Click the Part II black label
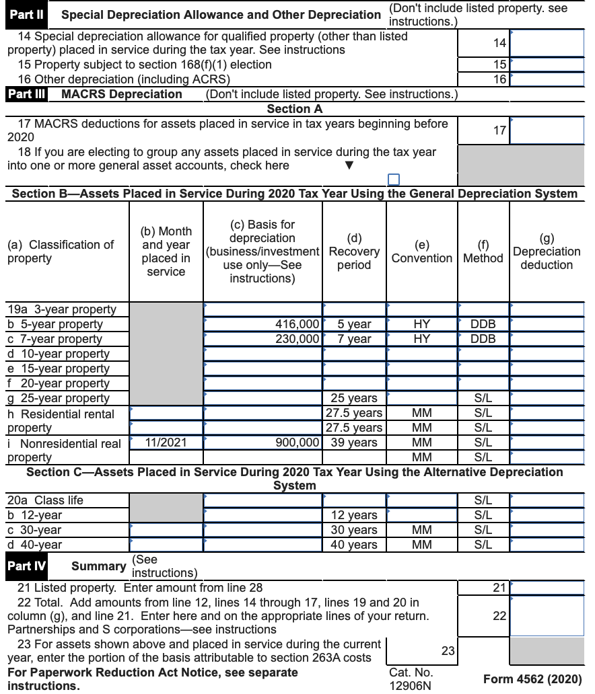tap(27, 14)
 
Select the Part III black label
tap(26, 94)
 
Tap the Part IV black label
tap(26, 566)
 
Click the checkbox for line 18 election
tap(394, 179)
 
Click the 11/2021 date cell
tap(166, 442)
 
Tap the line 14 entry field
tap(547, 43)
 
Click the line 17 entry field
tap(547, 130)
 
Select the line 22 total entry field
tap(547, 616)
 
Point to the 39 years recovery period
tap(353, 442)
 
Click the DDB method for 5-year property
tap(483, 324)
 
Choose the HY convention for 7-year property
tap(421, 339)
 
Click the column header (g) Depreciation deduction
tap(547, 252)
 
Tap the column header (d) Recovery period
tap(354, 252)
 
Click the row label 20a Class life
tap(46, 500)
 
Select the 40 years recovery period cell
tap(354, 545)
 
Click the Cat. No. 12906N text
tap(411, 679)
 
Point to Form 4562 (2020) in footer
tap(532, 679)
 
